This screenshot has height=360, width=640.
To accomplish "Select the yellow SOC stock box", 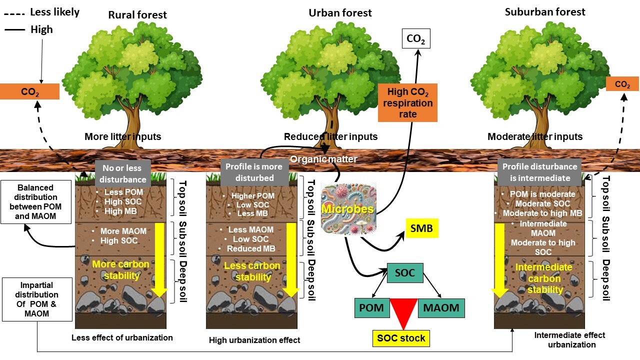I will (x=401, y=338).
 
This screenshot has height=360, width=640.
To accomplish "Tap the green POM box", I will (x=371, y=308).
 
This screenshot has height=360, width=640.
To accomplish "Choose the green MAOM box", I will (x=441, y=308).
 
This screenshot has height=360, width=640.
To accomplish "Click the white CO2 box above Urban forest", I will (x=415, y=39).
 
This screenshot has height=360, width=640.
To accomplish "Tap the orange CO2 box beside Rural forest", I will (x=29, y=92).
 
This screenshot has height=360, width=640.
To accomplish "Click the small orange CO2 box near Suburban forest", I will (x=622, y=84).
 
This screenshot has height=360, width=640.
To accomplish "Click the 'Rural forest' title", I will (x=137, y=15).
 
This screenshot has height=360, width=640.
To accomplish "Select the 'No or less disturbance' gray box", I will (x=122, y=173).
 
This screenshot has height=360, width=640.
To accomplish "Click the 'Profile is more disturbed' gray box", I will (x=254, y=172).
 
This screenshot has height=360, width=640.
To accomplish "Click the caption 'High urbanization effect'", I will (x=254, y=340).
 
